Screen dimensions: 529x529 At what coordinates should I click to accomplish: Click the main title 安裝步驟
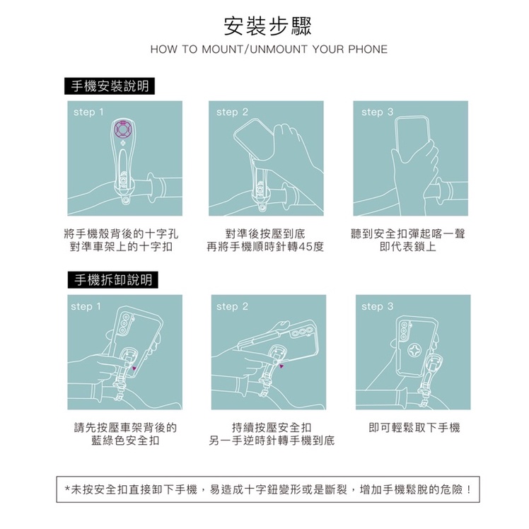tap(268, 26)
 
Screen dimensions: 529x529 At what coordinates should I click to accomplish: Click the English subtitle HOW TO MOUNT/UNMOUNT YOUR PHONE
tap(269, 50)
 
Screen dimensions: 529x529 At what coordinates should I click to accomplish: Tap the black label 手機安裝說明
tap(110, 86)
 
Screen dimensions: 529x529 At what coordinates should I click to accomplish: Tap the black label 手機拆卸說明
tap(113, 279)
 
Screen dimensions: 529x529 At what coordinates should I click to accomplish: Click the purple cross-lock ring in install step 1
tap(123, 129)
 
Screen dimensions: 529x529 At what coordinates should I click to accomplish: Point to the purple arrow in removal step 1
tap(134, 368)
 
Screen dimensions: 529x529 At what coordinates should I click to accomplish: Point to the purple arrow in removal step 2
tap(281, 366)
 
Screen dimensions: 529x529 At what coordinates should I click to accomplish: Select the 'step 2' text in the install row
tap(232, 112)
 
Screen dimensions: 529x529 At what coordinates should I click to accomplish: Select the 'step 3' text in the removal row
tap(377, 306)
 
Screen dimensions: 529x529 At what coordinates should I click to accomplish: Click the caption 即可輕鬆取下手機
tap(414, 428)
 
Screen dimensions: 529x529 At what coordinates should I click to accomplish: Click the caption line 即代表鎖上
tap(408, 247)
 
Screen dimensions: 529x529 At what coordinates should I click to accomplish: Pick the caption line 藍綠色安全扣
tap(125, 441)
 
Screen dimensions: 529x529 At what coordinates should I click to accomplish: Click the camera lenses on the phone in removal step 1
tap(125, 324)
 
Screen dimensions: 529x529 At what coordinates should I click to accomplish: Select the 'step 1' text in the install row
tap(88, 112)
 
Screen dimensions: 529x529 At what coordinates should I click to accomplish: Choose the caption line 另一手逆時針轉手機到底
tap(272, 441)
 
